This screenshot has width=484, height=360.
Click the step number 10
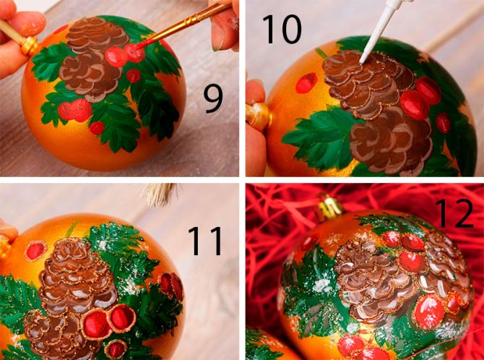click(x=282, y=29)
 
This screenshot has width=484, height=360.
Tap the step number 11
click(x=205, y=241)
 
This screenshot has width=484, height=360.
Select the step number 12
click(x=454, y=213)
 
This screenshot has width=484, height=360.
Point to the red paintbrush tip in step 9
click(x=135, y=50)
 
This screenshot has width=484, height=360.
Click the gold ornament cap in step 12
click(x=329, y=205)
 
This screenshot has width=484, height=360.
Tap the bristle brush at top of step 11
click(x=160, y=194)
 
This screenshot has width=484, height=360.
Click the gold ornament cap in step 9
click(x=29, y=46)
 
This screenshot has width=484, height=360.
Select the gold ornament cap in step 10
click(x=258, y=116)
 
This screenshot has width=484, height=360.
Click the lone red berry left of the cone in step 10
click(x=306, y=83)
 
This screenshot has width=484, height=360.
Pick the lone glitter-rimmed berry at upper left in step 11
click(x=35, y=250)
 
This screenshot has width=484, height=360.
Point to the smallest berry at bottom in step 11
click(x=116, y=349)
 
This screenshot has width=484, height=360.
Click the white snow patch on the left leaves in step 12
click(x=321, y=286)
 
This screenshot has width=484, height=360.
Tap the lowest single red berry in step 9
click(x=97, y=128)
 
